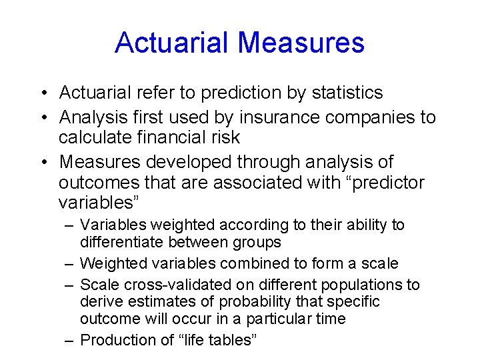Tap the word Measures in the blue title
(x=301, y=43)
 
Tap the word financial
(x=175, y=137)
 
